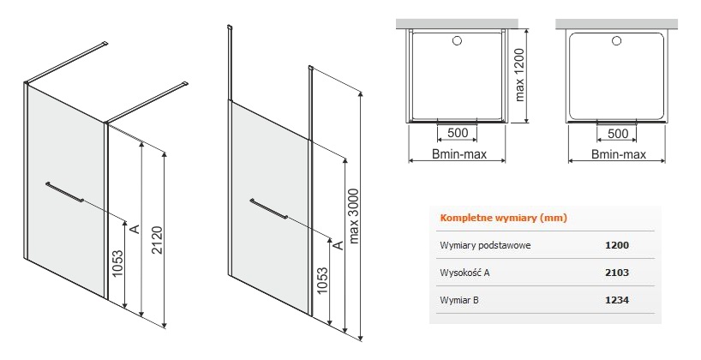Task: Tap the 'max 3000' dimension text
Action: pos(354,217)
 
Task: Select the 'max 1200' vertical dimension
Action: pos(519,75)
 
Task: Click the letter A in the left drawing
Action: pos(135,229)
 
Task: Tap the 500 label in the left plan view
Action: pos(458,133)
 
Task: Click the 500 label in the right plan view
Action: pos(618,133)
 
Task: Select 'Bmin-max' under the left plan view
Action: pos(459,154)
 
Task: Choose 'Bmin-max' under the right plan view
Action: pos(619,154)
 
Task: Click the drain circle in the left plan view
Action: pos(457,40)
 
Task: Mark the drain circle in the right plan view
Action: pos(616,41)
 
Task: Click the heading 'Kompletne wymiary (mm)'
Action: pos(503,219)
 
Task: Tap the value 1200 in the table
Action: pos(617,245)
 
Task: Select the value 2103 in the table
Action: pos(617,273)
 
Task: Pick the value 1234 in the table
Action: pos(617,300)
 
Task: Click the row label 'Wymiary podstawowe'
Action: pos(486,245)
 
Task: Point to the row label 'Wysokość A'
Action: pos(464,273)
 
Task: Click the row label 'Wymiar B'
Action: pos(459,300)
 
